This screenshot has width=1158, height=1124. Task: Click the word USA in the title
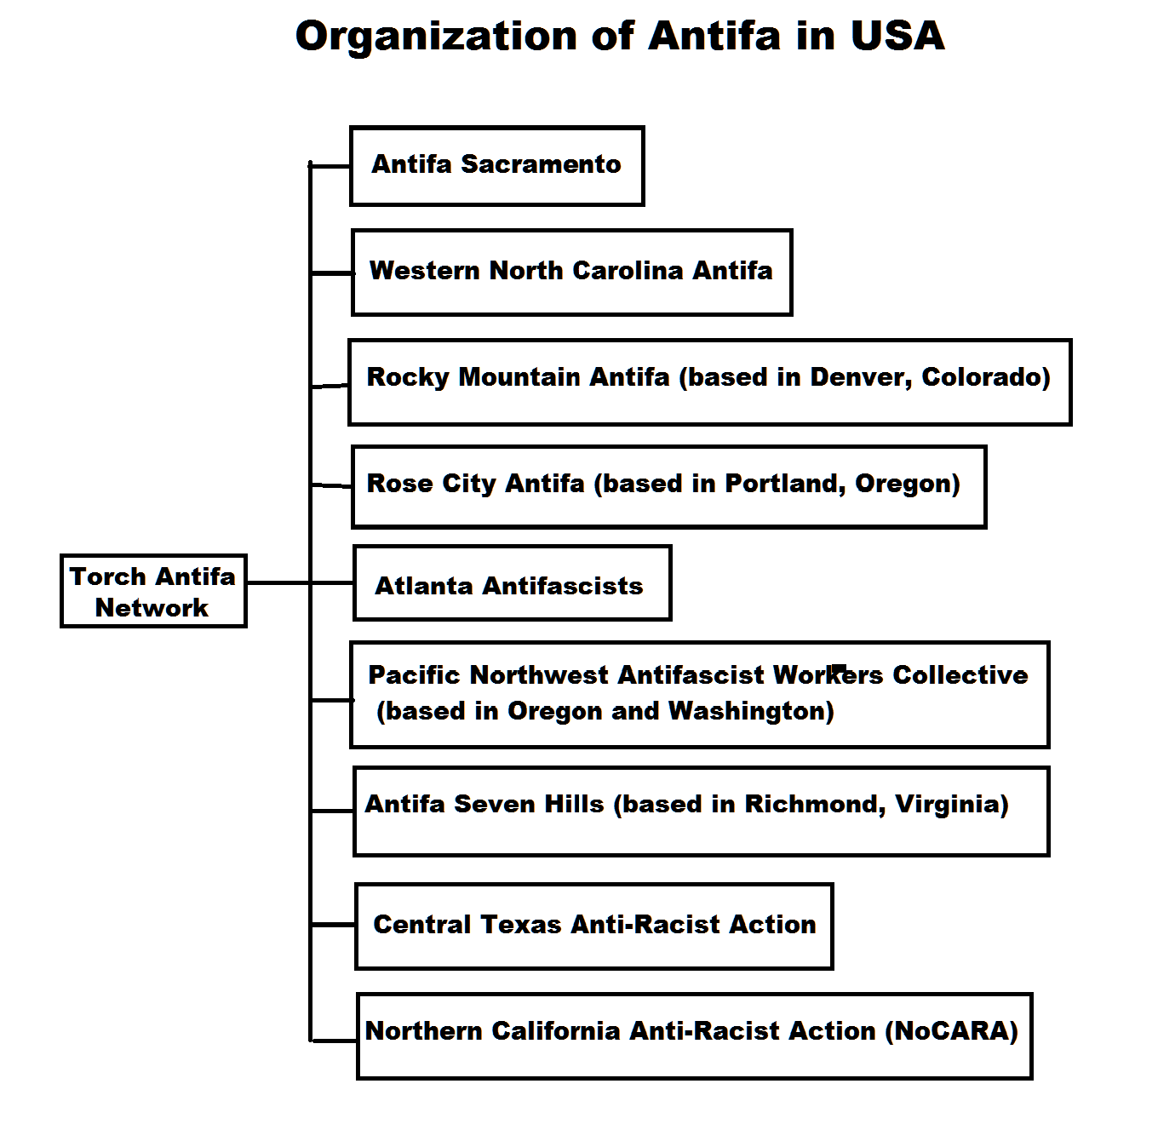pyautogui.click(x=897, y=36)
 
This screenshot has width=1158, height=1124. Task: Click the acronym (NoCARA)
pyautogui.click(x=951, y=1031)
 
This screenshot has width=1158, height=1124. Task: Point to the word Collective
pyautogui.click(x=960, y=675)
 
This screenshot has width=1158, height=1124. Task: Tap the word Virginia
pyautogui.click(x=951, y=805)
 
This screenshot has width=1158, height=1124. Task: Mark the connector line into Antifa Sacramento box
pyautogui.click(x=330, y=166)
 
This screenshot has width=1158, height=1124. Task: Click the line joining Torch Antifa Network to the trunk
pyautogui.click(x=278, y=582)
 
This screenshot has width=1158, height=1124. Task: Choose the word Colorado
pyautogui.click(x=986, y=378)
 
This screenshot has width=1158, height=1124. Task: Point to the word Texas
pyautogui.click(x=521, y=925)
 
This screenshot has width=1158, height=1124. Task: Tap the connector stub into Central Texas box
pyautogui.click(x=333, y=925)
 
